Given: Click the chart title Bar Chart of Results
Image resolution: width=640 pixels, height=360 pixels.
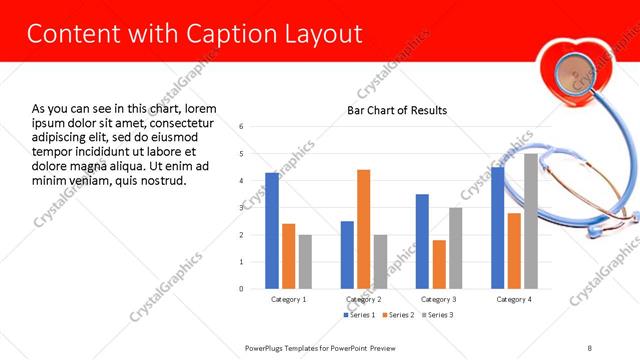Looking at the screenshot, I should point(397,110).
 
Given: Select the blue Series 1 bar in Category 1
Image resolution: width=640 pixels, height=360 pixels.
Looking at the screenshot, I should point(272,230).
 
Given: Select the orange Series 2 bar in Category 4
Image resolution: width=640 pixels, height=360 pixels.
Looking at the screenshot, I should point(514,250).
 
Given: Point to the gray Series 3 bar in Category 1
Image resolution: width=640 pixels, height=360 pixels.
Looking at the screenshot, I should point(305,261).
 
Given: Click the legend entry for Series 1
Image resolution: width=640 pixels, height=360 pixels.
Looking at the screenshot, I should point(361,315).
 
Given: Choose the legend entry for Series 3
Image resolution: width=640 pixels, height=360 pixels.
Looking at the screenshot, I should point(436,315).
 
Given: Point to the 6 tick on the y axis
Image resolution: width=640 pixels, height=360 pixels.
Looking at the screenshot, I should point(242,127).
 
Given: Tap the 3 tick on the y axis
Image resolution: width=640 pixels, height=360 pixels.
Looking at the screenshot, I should point(242,208).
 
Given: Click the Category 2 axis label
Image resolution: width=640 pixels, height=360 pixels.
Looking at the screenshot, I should point(364,299).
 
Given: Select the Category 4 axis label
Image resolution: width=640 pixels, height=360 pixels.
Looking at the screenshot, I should point(514,299).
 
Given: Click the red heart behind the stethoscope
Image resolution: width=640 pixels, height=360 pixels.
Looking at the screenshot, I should point(573,74).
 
